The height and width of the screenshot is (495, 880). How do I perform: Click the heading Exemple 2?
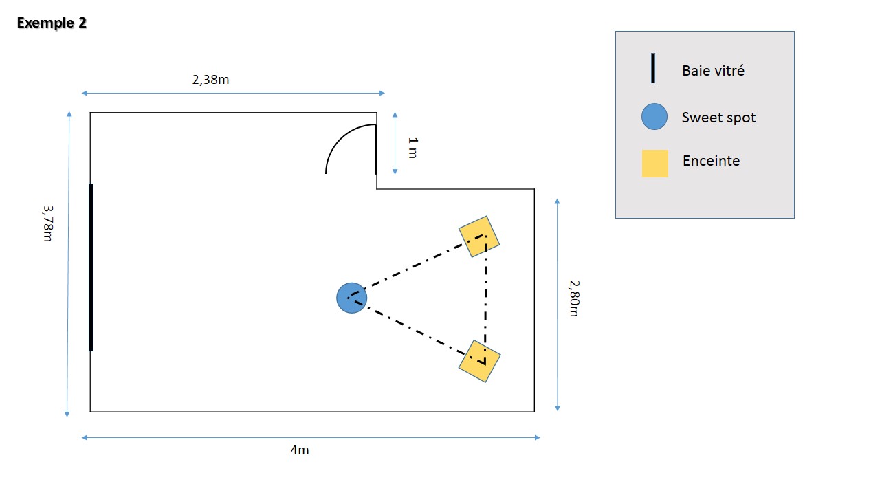click(x=52, y=23)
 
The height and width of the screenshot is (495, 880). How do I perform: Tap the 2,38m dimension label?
click(x=210, y=79)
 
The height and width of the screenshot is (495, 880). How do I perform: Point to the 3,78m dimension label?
click(x=47, y=223)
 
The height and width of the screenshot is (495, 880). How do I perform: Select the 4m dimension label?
click(x=299, y=450)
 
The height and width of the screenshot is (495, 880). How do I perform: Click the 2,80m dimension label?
click(x=574, y=298)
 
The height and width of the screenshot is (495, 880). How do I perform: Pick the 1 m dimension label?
click(x=412, y=148)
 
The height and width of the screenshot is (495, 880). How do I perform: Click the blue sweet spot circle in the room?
click(x=351, y=298)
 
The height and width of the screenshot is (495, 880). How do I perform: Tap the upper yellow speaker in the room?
click(x=479, y=236)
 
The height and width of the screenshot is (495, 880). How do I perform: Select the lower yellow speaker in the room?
click(x=479, y=361)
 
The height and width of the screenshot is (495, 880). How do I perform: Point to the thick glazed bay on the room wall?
click(x=91, y=267)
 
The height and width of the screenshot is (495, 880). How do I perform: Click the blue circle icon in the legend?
click(x=654, y=117)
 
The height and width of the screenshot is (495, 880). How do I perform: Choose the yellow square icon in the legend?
click(x=654, y=164)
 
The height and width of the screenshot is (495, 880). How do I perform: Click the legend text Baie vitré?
click(x=713, y=70)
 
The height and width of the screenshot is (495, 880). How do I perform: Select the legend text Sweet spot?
click(x=718, y=118)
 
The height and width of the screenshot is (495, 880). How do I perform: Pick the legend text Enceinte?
click(x=711, y=161)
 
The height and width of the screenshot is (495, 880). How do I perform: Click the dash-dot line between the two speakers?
click(x=485, y=296)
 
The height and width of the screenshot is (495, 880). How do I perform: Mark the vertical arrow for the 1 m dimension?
click(x=395, y=143)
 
